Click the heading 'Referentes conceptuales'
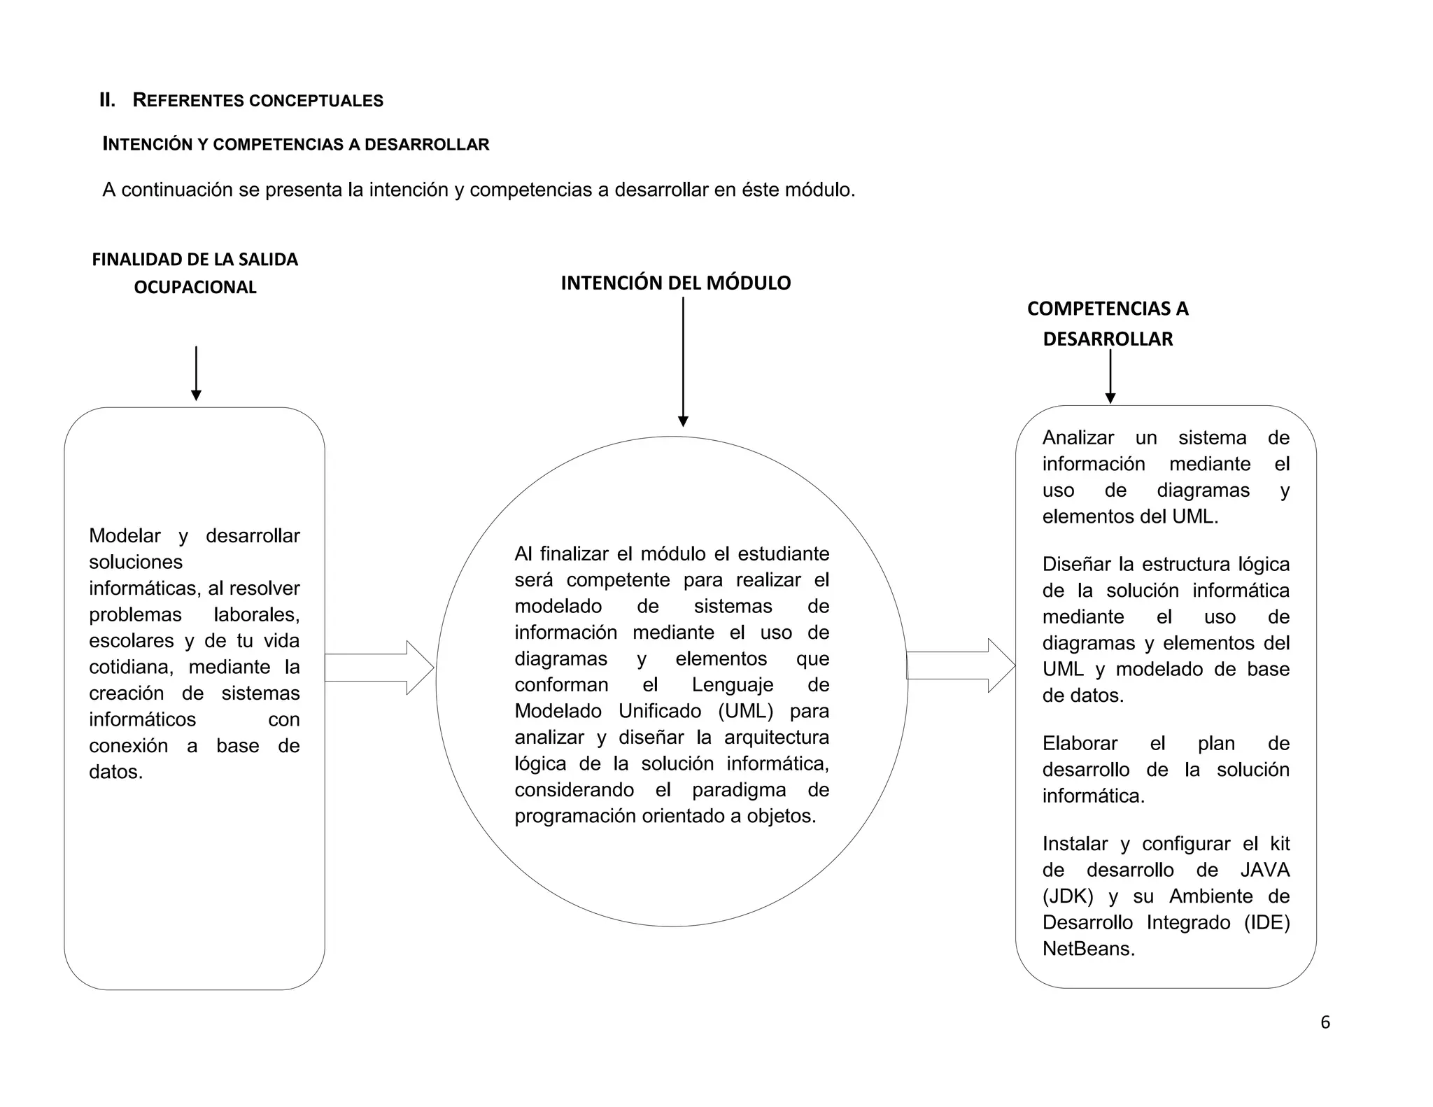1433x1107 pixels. click(x=257, y=101)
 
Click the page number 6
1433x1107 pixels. click(x=1325, y=1023)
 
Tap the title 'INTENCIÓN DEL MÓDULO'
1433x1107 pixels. click(x=675, y=283)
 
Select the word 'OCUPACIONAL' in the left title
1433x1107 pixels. click(x=195, y=287)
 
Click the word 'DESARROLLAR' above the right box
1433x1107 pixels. click(x=1108, y=339)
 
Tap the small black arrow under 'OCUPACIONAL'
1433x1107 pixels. click(x=196, y=374)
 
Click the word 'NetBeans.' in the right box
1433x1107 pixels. click(x=1088, y=949)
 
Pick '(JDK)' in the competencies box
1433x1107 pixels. click(x=1067, y=896)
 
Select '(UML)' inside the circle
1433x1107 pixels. click(x=745, y=711)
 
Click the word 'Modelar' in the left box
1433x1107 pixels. click(x=125, y=536)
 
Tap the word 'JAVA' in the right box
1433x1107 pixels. click(x=1264, y=870)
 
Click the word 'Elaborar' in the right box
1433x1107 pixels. click(x=1080, y=743)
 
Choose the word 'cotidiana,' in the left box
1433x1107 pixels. click(x=131, y=667)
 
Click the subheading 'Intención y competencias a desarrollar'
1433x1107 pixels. click(x=296, y=145)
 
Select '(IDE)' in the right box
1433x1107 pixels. click(x=1266, y=922)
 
